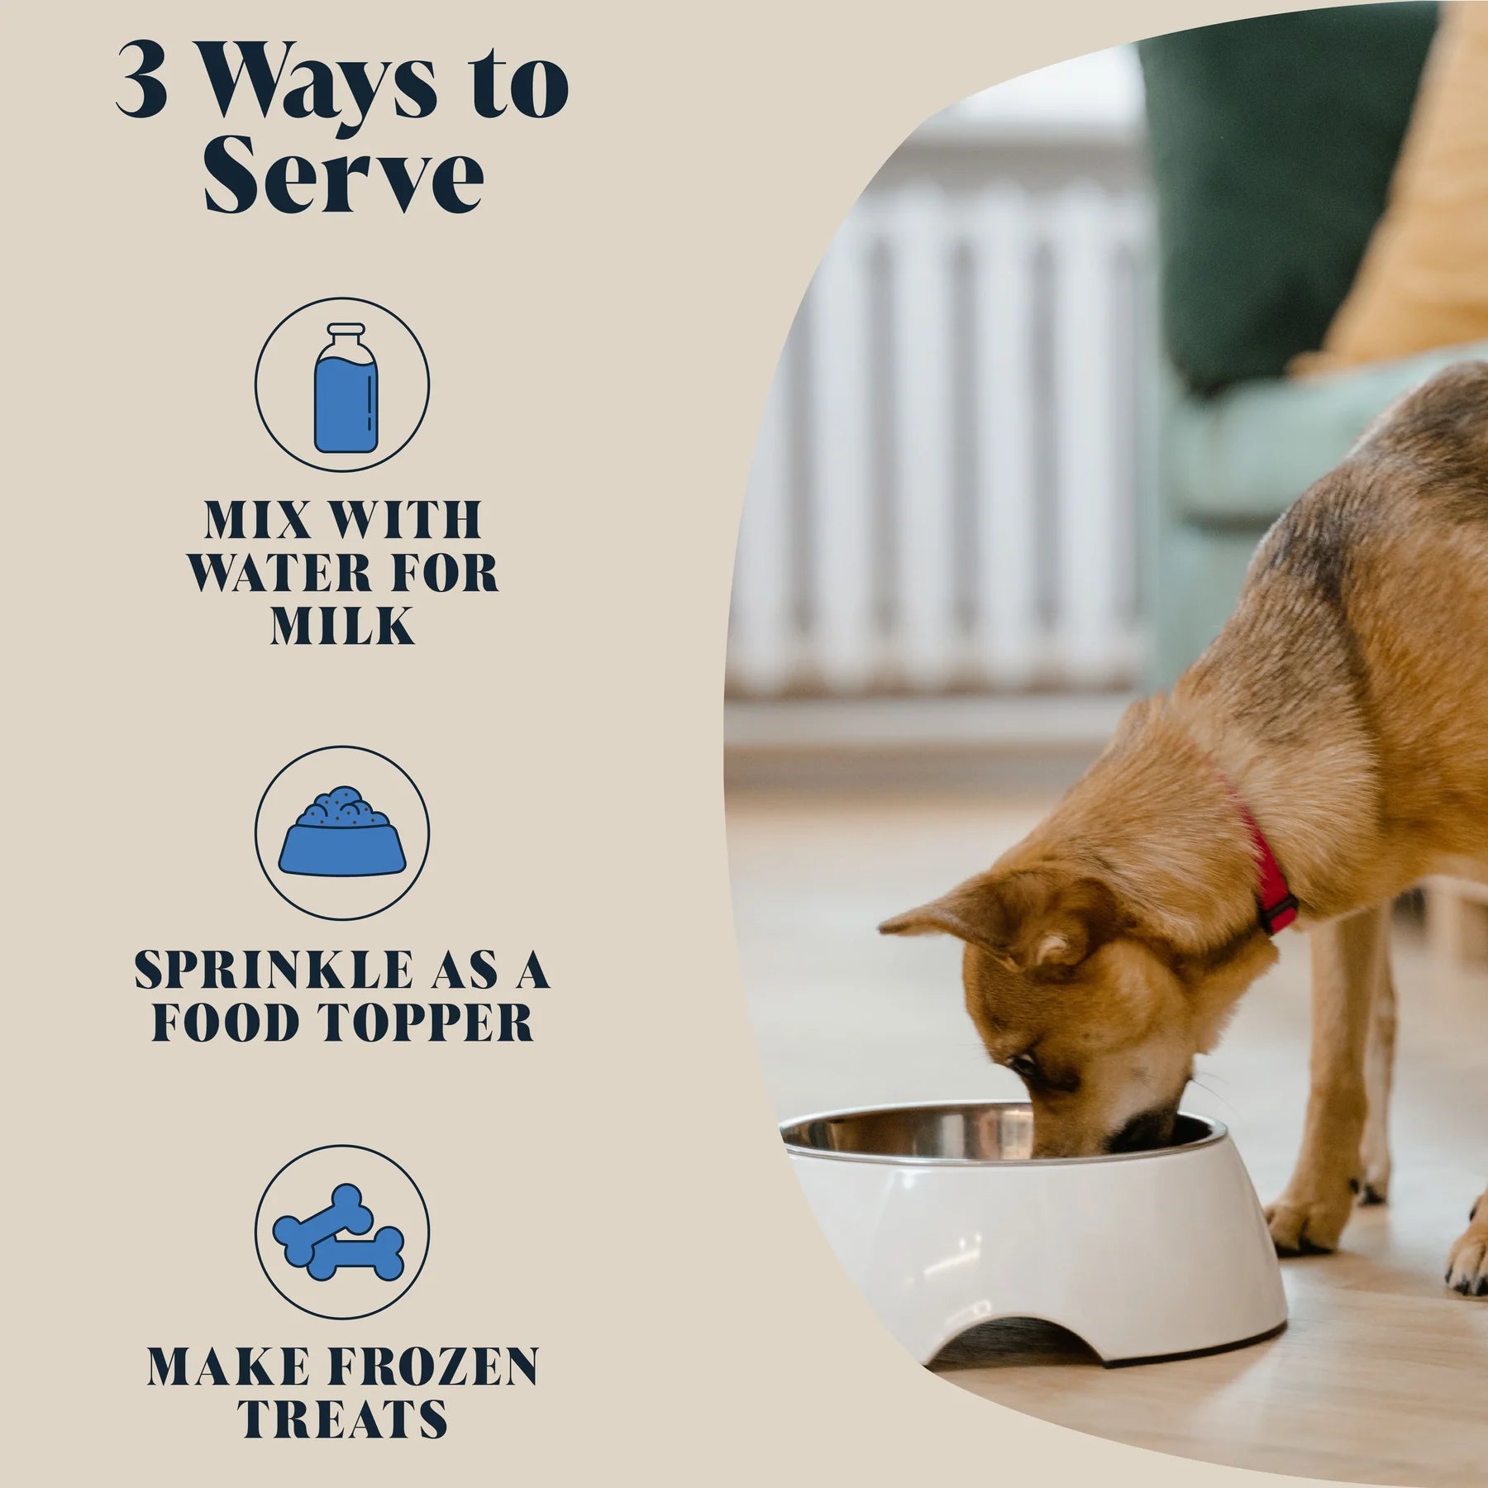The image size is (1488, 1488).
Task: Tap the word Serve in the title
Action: tap(343, 175)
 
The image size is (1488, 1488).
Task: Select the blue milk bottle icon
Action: tap(346, 389)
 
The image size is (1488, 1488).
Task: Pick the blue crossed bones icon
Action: tap(340, 1232)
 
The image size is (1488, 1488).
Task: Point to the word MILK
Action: tap(342, 626)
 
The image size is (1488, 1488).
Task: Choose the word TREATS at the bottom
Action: tap(342, 1420)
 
